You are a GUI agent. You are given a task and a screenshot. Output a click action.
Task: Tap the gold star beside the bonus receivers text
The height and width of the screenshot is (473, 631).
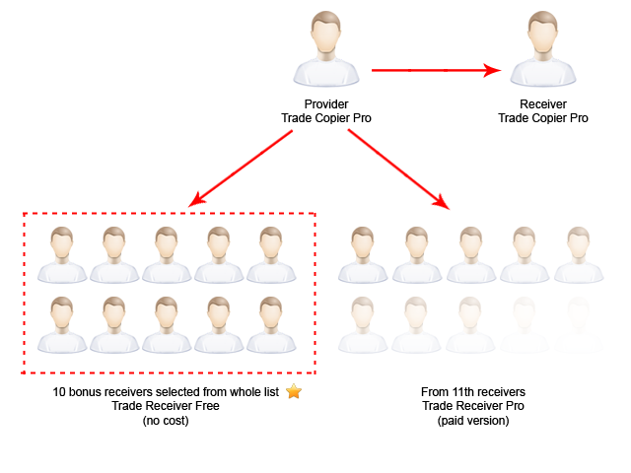point(293,391)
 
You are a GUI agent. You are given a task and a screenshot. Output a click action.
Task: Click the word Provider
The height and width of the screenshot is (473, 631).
point(326,104)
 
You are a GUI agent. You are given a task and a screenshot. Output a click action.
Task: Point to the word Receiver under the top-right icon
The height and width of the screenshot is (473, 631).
point(542,104)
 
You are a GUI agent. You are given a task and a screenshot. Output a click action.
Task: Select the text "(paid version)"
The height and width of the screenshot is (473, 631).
point(472,420)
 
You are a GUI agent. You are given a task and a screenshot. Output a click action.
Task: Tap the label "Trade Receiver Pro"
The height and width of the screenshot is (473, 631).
point(472,406)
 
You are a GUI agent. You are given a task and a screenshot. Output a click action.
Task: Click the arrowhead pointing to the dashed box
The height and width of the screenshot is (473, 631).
point(196,201)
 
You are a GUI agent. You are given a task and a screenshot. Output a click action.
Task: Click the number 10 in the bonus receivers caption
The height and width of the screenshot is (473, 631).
point(59,392)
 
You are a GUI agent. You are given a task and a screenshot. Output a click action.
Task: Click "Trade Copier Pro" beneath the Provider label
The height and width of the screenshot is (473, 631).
point(326,118)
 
